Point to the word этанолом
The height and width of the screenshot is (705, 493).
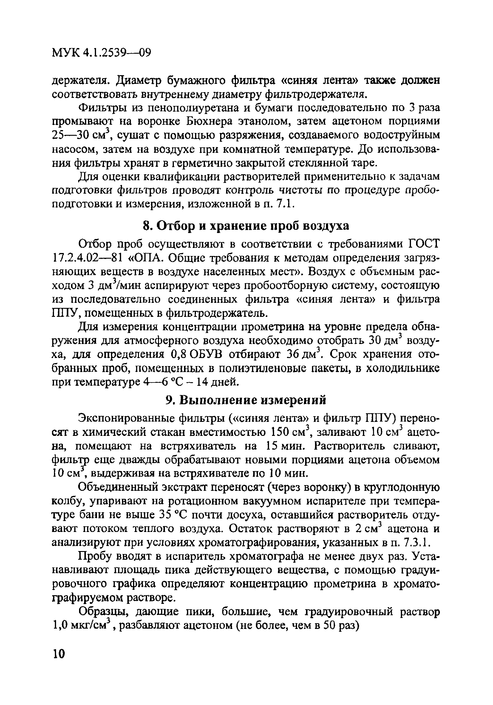[265, 122]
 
